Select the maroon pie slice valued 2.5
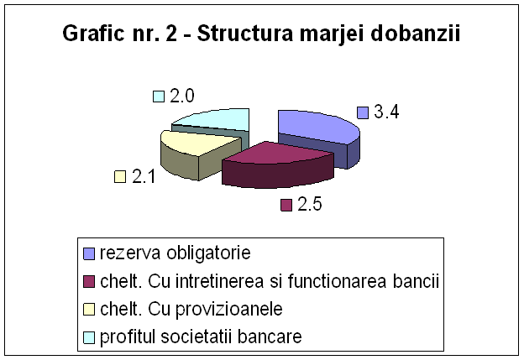(277, 164)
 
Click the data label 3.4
(386, 112)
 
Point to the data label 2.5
(310, 204)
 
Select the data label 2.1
(144, 176)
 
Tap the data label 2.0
(181, 97)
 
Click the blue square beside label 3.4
(363, 113)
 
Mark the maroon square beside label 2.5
(286, 205)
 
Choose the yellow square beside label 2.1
(120, 177)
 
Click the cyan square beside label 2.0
(159, 97)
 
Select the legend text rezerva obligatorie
(176, 253)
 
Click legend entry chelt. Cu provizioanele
(191, 310)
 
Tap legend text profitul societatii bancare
(201, 337)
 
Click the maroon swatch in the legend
(89, 281)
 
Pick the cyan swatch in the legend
(89, 337)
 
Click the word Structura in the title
(244, 34)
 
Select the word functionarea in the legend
(337, 281)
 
